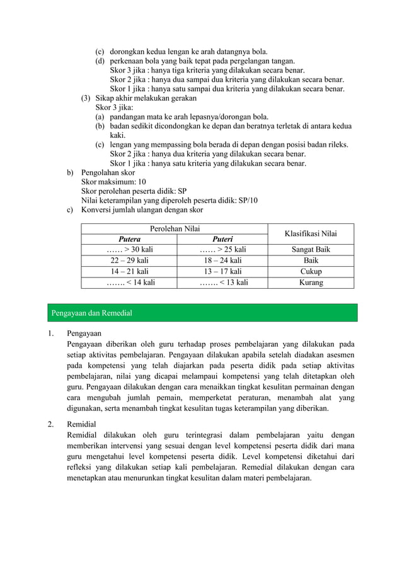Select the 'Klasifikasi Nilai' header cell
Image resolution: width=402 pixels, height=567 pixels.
click(311, 233)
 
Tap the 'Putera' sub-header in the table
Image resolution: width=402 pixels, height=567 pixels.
click(130, 239)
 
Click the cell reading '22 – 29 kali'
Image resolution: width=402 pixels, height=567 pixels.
click(130, 261)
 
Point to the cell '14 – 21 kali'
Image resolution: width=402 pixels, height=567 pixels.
click(130, 272)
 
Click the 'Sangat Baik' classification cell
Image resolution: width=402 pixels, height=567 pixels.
click(311, 250)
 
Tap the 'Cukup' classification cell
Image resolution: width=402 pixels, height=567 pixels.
click(311, 272)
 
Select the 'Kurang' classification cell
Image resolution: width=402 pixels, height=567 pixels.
click(311, 283)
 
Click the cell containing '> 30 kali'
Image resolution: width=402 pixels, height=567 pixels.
click(130, 250)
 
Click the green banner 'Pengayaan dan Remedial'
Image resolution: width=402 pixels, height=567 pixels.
click(201, 313)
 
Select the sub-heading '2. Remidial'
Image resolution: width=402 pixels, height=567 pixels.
click(82, 425)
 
